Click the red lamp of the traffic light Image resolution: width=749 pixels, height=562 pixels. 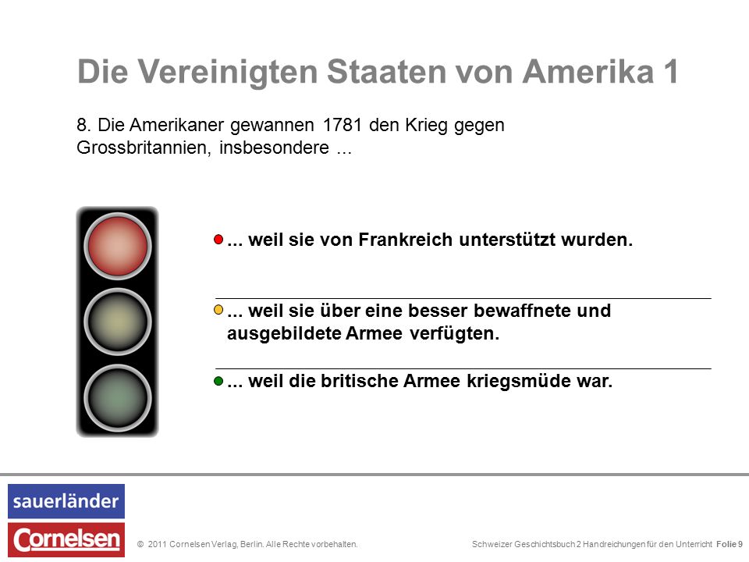pos(118,246)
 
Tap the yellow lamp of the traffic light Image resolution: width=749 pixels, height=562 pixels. pos(118,322)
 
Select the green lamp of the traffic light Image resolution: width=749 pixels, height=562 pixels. pos(118,397)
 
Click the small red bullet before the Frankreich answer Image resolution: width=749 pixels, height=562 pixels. pos(218,240)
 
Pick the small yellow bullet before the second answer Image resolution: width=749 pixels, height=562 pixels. pos(218,310)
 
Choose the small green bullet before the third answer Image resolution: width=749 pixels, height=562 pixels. pos(218,381)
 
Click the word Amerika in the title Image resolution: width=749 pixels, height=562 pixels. pos(587,72)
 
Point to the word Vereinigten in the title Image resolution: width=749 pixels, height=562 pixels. pos(228,72)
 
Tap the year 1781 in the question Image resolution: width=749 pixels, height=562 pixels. pos(342,125)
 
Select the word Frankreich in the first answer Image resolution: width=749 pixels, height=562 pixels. pos(406,240)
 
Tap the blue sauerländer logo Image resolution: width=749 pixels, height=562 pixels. pos(66,501)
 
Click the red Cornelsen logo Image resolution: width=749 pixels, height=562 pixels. pos(66,539)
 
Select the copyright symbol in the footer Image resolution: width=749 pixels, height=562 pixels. pos(140,544)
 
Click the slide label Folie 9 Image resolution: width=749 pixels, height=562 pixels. pos(729,544)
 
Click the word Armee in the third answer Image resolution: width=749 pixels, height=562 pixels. pos(431,382)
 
